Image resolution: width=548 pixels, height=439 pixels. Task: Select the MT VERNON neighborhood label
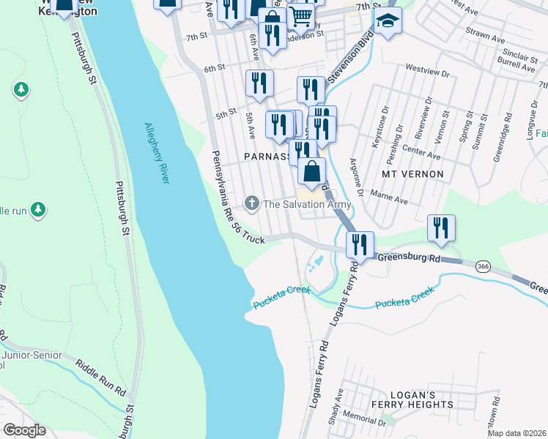point(412,174)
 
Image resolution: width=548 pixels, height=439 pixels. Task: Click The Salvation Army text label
point(307,204)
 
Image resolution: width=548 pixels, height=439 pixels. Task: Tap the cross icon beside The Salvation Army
point(252,203)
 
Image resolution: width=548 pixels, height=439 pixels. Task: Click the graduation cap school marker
point(390,23)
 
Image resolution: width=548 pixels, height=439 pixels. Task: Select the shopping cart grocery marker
point(300,15)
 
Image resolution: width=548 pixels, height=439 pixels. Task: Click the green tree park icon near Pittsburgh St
point(21,90)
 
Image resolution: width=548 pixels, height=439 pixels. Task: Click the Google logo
point(24,430)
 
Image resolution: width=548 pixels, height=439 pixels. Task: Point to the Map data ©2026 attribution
point(516,433)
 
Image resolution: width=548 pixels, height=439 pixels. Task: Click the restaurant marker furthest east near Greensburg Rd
point(441,228)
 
